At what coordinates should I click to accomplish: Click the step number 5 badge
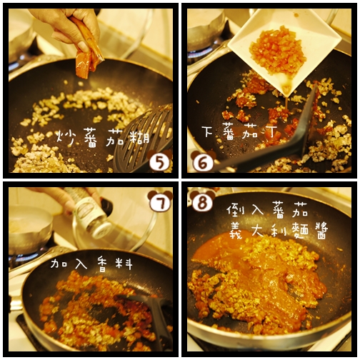pos(159,162)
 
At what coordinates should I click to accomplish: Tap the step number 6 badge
pos(203,163)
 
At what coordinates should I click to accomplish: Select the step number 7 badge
pos(160,201)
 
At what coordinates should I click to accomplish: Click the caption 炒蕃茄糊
pos(103,138)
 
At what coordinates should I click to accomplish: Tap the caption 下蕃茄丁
pos(239,131)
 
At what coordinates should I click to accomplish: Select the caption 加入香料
pos(91,264)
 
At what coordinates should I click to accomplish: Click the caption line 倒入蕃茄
pos(266,210)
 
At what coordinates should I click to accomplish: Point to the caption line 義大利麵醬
pos(279,230)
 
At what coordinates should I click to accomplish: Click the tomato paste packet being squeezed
pos(88,50)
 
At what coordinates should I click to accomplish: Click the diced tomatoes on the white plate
pos(278,51)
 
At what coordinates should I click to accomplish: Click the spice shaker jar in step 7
pos(93,214)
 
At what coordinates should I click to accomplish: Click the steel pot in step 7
pos(30,229)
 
